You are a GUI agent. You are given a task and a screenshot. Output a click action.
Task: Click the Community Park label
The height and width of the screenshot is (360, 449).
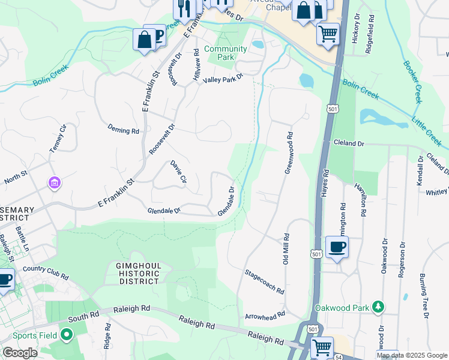[226, 53]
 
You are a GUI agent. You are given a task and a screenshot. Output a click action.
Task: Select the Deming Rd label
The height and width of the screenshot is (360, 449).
[123, 130]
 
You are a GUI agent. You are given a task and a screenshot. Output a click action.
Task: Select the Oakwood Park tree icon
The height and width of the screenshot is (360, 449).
[378, 308]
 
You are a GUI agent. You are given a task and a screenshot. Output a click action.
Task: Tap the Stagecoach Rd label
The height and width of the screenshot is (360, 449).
[264, 281]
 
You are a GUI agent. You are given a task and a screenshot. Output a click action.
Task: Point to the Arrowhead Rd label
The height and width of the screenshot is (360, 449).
[264, 316]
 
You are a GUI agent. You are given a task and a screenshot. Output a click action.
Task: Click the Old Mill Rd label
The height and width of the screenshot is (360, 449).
[286, 249]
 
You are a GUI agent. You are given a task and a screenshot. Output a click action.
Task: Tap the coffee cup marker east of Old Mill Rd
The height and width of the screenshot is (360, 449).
[337, 247]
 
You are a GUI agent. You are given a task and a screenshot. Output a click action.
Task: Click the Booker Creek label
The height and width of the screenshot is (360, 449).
[414, 82]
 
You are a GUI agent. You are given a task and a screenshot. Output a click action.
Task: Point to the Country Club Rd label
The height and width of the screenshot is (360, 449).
[46, 272]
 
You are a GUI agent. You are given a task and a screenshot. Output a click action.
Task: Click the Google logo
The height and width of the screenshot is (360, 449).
[20, 353]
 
